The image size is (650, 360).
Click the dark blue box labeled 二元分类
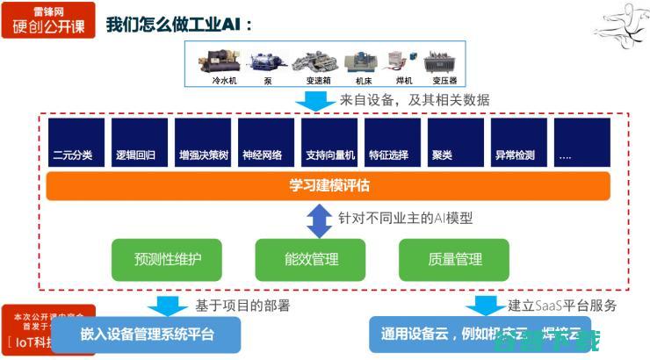click(73, 142)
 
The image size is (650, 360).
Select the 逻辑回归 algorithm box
click(136, 142)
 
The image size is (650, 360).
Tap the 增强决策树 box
click(199, 142)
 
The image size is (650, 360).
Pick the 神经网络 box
click(263, 142)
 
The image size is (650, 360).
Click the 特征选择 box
click(389, 142)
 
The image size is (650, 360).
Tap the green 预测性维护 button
click(167, 260)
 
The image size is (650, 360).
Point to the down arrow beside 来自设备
click(309, 100)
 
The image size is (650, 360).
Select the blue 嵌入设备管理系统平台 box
click(146, 334)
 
